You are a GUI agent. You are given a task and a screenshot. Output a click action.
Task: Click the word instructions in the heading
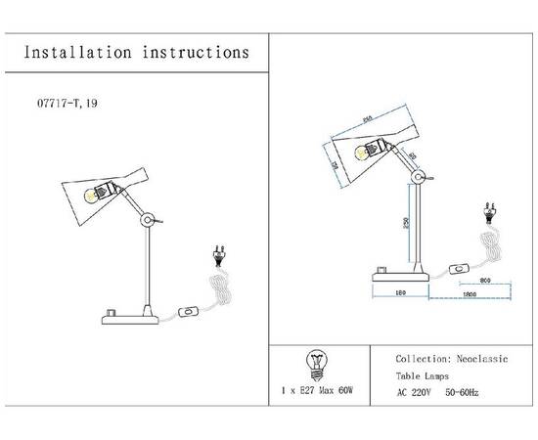click(x=192, y=52)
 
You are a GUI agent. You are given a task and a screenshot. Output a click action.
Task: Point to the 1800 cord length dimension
click(x=471, y=291)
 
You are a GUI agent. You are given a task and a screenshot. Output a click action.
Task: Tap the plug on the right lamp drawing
click(x=489, y=212)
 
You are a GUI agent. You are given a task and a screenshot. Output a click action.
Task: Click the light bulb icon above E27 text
click(x=315, y=363)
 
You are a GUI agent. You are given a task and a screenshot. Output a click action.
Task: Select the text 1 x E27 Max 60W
click(x=316, y=391)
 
